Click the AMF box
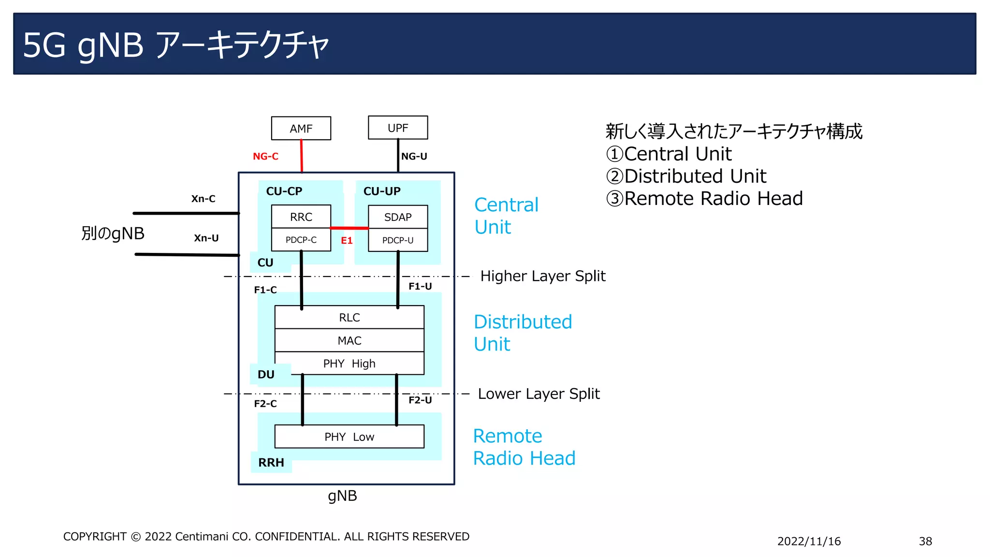301,129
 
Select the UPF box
397,128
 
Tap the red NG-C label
265,156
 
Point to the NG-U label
414,156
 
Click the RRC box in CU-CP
301,217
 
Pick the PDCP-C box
301,240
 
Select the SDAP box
397,217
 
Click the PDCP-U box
397,240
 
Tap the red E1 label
347,240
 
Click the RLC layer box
349,318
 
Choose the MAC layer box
349,340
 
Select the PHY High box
349,363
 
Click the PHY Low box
349,437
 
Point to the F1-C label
265,290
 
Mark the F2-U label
420,400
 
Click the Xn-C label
203,199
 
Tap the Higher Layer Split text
542,276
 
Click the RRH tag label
271,463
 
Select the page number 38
925,541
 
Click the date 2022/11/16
809,541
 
